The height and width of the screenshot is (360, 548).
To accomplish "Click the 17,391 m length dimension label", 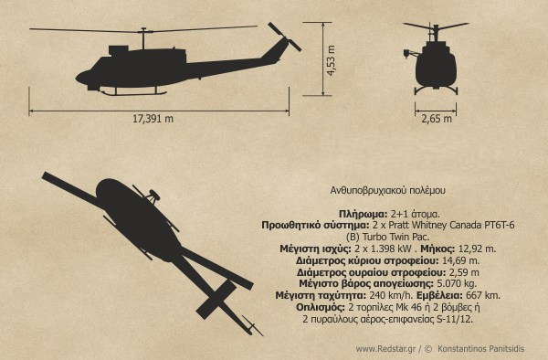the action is click(x=153, y=119).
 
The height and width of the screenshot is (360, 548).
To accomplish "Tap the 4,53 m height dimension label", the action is click(x=331, y=60).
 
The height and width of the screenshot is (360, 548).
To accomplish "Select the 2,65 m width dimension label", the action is click(x=437, y=119).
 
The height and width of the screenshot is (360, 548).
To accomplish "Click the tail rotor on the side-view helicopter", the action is click(x=284, y=37).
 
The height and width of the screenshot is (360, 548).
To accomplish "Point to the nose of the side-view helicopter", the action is click(x=79, y=78).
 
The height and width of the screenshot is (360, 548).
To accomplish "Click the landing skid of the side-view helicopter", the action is click(x=133, y=93).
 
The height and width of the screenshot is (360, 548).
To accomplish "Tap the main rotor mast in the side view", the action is click(x=143, y=38).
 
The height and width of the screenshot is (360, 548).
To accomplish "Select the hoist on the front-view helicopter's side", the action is click(x=409, y=54).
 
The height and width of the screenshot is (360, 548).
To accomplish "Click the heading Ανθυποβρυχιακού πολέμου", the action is click(x=388, y=190).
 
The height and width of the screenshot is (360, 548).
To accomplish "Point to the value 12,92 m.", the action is click(x=477, y=249).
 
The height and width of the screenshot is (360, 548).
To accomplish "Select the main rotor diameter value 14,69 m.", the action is click(x=461, y=260).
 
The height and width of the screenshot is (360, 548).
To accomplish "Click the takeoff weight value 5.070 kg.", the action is click(x=456, y=283).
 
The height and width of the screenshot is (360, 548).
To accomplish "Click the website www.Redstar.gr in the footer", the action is click(x=385, y=349).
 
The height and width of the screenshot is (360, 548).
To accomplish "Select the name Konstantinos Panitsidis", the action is click(x=481, y=349).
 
